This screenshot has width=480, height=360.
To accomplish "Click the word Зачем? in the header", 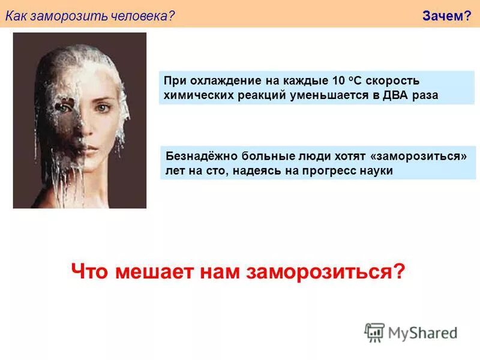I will (x=446, y=16).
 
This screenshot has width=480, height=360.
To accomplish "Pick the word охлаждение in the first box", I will (x=218, y=81).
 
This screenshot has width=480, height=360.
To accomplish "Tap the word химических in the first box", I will (x=193, y=95).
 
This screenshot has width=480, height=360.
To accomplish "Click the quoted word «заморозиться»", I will (x=419, y=156).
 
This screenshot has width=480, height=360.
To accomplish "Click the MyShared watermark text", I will (x=422, y=332).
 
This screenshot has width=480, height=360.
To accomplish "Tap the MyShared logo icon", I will (x=374, y=332).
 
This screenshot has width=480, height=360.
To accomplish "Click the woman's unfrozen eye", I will (x=103, y=109).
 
